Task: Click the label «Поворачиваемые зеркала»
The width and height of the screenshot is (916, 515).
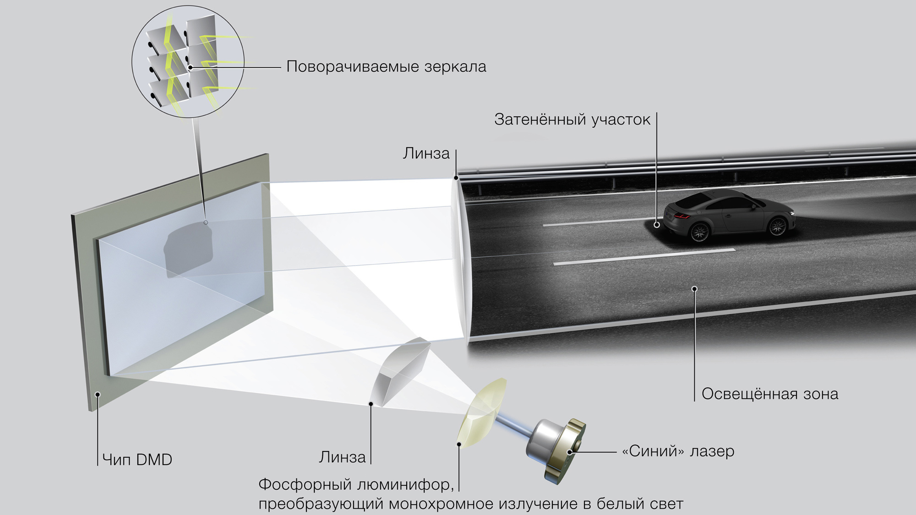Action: [x=386, y=67]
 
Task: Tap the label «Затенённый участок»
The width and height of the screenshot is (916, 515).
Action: [x=572, y=119]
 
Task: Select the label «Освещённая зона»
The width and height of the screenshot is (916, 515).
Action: [x=769, y=394]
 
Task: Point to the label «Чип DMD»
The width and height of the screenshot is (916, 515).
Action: [x=137, y=459]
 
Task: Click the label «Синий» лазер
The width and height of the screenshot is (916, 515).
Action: [x=678, y=451]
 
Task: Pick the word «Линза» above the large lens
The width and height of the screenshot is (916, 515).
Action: [x=426, y=153]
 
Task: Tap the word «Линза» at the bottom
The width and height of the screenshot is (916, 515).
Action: [x=342, y=457]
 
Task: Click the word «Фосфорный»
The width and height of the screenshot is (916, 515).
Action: [x=305, y=484]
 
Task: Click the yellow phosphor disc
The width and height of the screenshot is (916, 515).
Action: [x=481, y=414]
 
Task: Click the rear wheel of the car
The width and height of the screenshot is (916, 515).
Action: [x=699, y=232]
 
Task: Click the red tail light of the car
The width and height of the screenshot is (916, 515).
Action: [x=682, y=217]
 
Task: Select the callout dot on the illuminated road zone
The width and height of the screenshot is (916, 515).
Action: [x=694, y=289]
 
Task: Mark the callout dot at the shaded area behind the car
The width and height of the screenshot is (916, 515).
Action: [x=657, y=225]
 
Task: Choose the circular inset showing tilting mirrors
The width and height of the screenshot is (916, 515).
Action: [x=188, y=62]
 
